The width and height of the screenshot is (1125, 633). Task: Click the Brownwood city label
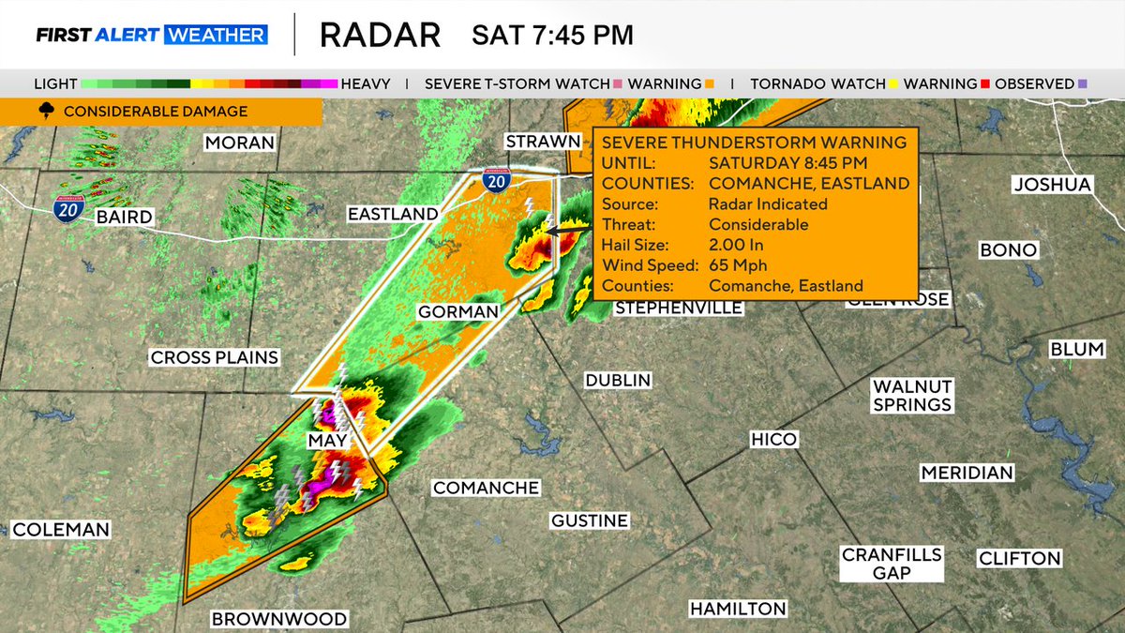click(278, 619)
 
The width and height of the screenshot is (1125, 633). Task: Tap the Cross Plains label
click(215, 357)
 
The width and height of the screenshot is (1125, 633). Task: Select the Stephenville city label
click(679, 308)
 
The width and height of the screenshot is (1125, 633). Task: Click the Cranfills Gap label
click(892, 564)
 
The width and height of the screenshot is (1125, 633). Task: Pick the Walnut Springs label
click(912, 395)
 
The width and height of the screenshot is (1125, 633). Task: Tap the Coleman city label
click(60, 530)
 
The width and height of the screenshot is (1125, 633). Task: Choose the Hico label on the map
click(773, 440)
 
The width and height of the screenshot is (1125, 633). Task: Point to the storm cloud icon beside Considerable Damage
click(45, 112)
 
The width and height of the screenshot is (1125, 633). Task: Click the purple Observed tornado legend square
click(1083, 83)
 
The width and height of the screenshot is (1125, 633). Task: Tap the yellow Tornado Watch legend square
click(893, 83)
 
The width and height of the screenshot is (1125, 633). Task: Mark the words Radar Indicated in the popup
click(768, 203)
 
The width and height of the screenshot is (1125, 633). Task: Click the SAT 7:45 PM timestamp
click(552, 36)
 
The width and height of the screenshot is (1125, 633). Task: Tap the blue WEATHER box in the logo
click(216, 36)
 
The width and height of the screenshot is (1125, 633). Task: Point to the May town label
click(328, 441)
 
